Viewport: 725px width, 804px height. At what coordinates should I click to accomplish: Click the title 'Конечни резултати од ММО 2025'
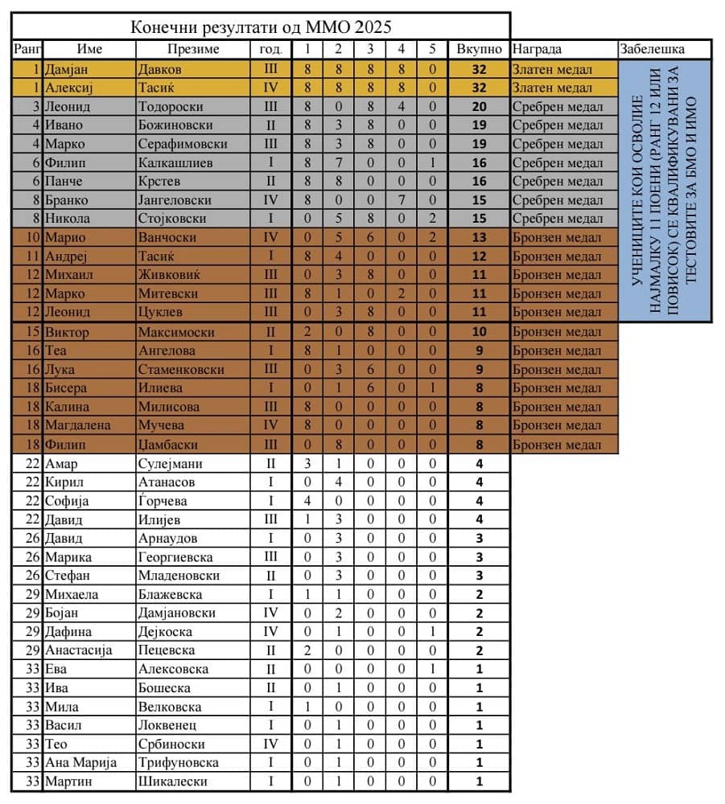262,26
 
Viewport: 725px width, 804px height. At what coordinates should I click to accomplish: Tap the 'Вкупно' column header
480,49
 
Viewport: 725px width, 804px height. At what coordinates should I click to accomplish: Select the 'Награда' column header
537,49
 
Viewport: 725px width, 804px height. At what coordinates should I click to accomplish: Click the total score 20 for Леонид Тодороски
480,106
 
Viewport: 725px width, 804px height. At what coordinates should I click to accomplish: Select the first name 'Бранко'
67,199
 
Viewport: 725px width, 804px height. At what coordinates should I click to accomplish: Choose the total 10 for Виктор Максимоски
480,332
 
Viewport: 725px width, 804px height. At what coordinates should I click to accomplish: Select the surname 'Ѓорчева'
163,501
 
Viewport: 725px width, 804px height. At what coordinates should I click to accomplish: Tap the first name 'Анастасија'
79,650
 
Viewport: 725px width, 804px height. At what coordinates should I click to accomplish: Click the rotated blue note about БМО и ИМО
664,191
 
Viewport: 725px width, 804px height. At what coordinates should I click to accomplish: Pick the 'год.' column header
270,49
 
